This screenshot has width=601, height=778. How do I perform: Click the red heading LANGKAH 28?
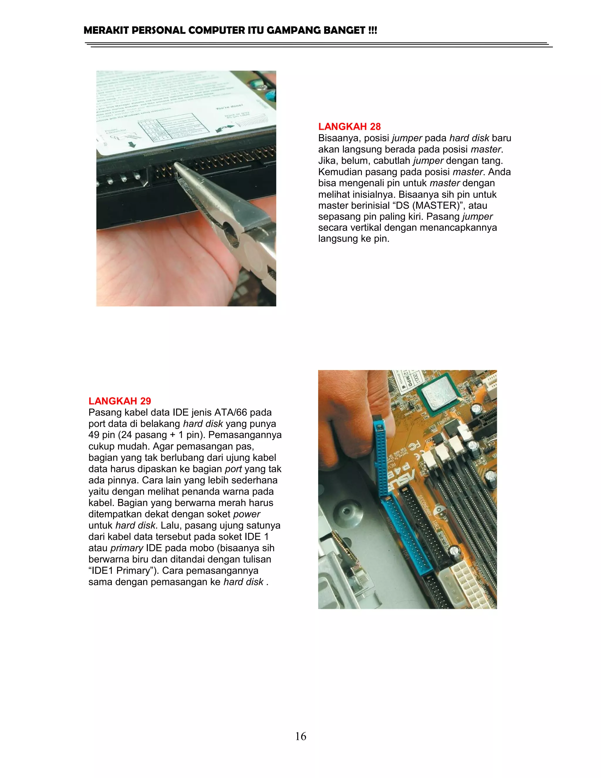coord(349,127)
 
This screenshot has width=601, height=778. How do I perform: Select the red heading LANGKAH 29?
coord(120,401)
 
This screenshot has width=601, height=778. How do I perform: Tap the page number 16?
coord(300,736)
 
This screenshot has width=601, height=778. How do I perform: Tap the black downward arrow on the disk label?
coord(132,145)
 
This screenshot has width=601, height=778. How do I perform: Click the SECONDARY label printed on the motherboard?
coord(425,506)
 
